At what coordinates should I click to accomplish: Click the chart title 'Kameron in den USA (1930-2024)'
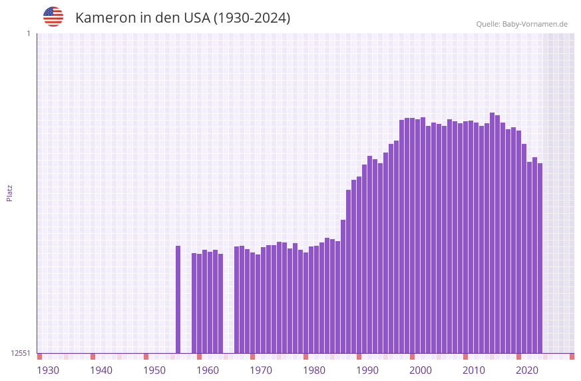click(x=182, y=18)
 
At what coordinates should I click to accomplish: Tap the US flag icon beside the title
click(x=53, y=17)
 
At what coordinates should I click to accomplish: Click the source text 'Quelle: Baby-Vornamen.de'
click(x=521, y=24)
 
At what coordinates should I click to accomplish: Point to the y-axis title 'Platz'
click(x=9, y=193)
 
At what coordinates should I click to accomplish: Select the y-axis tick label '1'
click(x=28, y=33)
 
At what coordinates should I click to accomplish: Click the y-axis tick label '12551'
click(x=21, y=353)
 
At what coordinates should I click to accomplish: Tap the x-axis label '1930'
click(x=48, y=370)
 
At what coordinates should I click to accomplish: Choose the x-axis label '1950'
click(x=154, y=370)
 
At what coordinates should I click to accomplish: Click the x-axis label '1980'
click(x=314, y=370)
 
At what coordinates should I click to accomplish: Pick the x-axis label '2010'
click(x=474, y=370)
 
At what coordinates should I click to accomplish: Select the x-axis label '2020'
click(x=527, y=370)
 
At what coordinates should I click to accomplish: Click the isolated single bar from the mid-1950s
click(x=178, y=300)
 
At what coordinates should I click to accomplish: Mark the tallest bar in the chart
click(x=492, y=233)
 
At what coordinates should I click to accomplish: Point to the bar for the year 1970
click(x=264, y=300)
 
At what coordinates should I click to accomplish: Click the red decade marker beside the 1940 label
click(x=93, y=356)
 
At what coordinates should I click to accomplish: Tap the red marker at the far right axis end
click(x=572, y=356)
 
